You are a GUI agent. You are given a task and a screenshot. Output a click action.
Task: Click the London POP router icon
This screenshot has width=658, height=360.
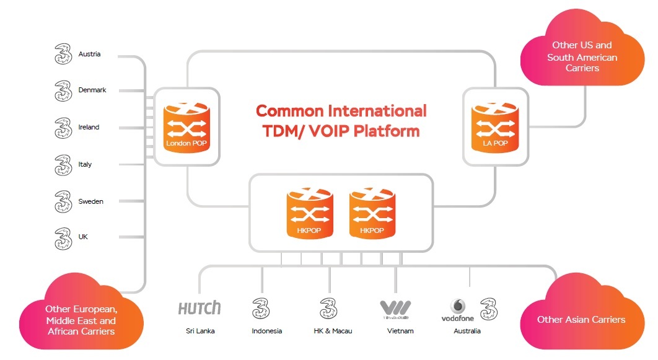(x=185, y=126)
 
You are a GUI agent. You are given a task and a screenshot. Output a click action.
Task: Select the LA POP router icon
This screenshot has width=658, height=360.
(x=494, y=126)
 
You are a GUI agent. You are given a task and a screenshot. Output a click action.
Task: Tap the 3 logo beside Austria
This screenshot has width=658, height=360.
(x=63, y=54)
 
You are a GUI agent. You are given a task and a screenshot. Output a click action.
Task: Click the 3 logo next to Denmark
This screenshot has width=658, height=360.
(x=63, y=90)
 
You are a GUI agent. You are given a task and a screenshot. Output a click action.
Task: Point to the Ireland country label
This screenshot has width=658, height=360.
(x=89, y=128)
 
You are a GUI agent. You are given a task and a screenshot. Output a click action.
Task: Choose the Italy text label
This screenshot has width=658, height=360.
(x=85, y=165)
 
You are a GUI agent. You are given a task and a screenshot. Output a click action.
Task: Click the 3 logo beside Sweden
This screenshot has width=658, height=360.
(x=63, y=201)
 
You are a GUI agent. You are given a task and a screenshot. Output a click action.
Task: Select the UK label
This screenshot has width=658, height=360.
(x=83, y=237)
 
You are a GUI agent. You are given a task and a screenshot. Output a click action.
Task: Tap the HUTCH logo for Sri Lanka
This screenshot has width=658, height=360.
(x=199, y=308)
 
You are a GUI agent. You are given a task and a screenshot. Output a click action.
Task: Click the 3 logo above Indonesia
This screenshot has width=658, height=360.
(x=260, y=308)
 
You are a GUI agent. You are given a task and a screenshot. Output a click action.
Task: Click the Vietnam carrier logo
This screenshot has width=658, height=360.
(x=395, y=309)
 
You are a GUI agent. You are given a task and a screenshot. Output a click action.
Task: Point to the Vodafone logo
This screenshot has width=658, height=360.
(x=458, y=310)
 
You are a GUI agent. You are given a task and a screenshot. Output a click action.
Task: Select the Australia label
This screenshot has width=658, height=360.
(x=467, y=331)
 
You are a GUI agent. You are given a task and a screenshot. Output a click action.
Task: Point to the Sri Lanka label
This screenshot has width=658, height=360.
(x=200, y=331)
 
